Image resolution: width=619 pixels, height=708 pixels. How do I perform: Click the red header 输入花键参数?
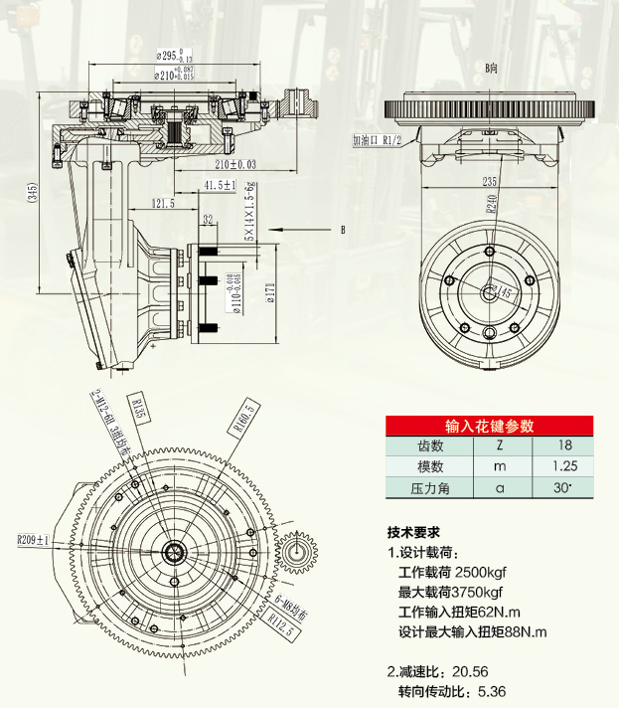490,426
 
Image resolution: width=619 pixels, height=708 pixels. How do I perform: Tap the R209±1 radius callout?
34,541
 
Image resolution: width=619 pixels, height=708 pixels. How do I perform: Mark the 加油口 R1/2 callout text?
376,141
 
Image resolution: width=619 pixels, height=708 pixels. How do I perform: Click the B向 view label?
491,68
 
